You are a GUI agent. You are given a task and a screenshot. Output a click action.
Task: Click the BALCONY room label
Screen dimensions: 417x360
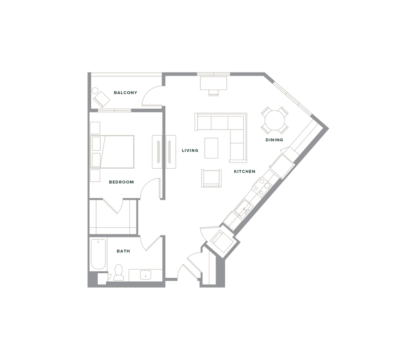pyautogui.click(x=125, y=92)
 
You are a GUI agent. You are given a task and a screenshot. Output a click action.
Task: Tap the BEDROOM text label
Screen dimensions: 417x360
pyautogui.click(x=121, y=182)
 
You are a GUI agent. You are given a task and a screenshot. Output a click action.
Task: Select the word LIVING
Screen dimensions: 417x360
pyautogui.click(x=190, y=151)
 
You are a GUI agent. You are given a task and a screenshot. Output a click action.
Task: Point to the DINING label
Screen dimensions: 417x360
pyautogui.click(x=274, y=140)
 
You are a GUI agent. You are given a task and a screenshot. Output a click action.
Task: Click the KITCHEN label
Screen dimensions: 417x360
pyautogui.click(x=245, y=171)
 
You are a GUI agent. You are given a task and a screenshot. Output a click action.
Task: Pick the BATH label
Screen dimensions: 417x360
pyautogui.click(x=123, y=251)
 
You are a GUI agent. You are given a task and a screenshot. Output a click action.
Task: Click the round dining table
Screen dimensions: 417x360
pyautogui.click(x=274, y=120)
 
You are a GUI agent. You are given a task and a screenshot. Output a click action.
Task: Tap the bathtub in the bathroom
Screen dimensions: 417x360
pyautogui.click(x=98, y=254)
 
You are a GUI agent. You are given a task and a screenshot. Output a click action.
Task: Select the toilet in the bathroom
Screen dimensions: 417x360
pyautogui.click(x=119, y=272)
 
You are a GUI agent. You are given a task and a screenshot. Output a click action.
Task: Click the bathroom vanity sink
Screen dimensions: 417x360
pyautogui.click(x=145, y=275)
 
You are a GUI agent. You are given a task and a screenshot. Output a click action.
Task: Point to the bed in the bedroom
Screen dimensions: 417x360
pyautogui.click(x=112, y=152)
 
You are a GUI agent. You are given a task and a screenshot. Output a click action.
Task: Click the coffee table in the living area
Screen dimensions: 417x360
pyautogui.click(x=211, y=148)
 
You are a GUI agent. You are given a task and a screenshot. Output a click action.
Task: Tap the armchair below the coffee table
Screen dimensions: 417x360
pyautogui.click(x=211, y=178)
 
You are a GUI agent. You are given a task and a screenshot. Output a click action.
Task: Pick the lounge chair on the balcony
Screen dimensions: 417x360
pyautogui.click(x=101, y=99)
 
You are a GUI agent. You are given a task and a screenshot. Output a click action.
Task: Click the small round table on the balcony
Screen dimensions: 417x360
pyautogui.click(x=94, y=91)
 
